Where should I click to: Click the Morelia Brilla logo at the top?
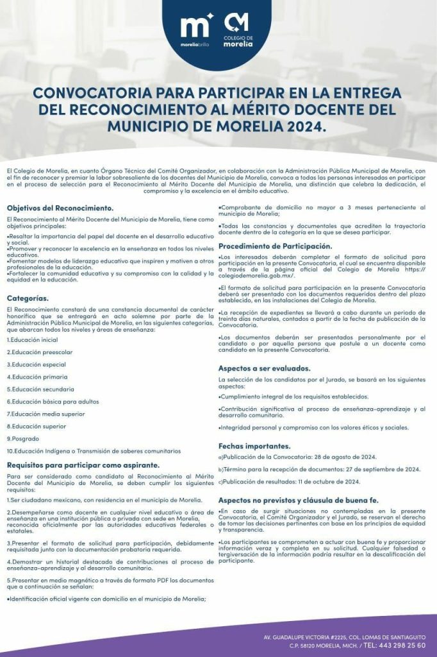click(196, 31)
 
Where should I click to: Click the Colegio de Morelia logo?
click(238, 31)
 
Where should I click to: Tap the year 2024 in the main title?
click(299, 126)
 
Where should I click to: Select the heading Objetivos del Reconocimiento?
click(60, 208)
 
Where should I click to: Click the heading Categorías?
click(28, 298)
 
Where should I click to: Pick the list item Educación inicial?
click(32, 339)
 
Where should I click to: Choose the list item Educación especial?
click(36, 364)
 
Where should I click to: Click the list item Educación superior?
click(36, 426)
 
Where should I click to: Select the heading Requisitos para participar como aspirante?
click(83, 465)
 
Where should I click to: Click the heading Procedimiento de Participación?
click(275, 246)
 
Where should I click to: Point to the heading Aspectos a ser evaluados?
click(264, 368)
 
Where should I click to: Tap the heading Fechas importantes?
click(254, 446)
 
